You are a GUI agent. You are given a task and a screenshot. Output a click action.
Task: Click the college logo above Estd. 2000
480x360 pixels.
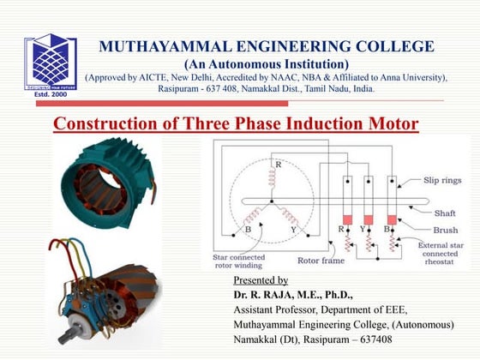pyautogui.click(x=50, y=63)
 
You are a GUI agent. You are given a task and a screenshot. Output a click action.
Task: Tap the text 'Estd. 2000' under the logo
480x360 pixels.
pyautogui.click(x=50, y=94)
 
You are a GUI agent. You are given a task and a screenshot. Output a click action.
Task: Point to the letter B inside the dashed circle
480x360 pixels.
pyautogui.click(x=248, y=230)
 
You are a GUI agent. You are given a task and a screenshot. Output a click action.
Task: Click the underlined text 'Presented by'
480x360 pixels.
pyautogui.click(x=261, y=280)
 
